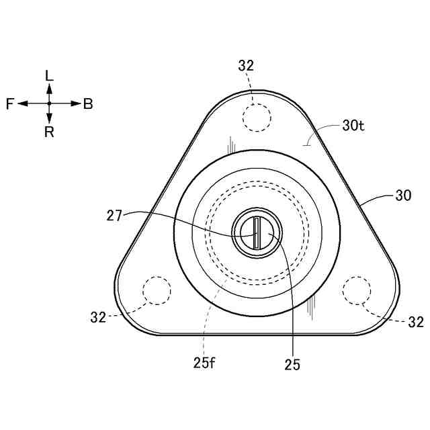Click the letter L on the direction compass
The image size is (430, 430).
(49, 75)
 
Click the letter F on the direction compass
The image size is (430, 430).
(10, 104)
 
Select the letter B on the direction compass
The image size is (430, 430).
(88, 104)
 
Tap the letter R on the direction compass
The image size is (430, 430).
(49, 132)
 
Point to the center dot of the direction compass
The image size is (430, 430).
(49, 103)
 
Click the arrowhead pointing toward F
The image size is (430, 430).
(22, 103)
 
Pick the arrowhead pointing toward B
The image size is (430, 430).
(75, 103)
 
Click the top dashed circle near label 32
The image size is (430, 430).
(257, 118)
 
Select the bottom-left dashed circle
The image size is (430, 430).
(157, 290)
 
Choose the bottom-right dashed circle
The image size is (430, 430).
(357, 290)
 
